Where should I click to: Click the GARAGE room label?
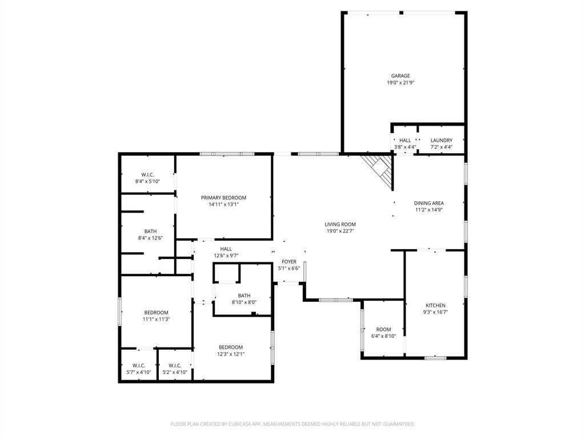(x=400, y=76)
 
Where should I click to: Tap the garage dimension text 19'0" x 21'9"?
(x=400, y=82)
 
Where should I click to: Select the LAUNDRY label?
(x=442, y=141)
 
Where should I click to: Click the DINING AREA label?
(x=428, y=203)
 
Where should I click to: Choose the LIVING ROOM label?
(x=340, y=224)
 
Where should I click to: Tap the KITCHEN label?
(x=435, y=305)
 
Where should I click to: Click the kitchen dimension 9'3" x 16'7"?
(x=435, y=312)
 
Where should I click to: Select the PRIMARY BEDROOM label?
(x=223, y=197)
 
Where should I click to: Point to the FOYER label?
(x=289, y=262)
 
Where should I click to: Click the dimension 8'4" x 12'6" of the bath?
(x=150, y=238)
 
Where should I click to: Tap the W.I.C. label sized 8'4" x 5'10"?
(x=148, y=175)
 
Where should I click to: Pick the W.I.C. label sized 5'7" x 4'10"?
(x=139, y=365)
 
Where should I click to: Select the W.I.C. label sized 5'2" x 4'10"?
(x=175, y=365)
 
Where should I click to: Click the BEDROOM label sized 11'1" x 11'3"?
(x=157, y=313)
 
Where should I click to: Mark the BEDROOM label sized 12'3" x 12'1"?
(x=231, y=347)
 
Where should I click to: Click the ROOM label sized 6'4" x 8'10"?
(x=383, y=329)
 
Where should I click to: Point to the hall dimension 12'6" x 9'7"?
(x=226, y=256)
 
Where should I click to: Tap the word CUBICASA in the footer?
(x=239, y=424)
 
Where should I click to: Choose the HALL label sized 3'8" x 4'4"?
(x=405, y=141)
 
